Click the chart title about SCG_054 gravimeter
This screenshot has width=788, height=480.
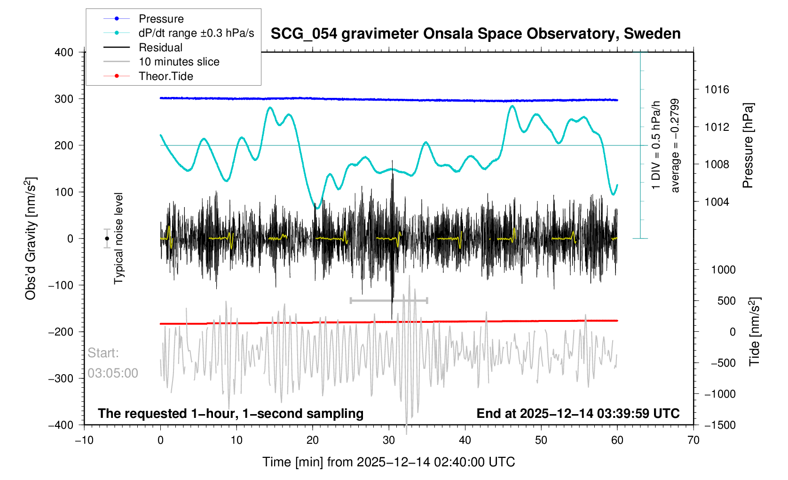tap(475, 34)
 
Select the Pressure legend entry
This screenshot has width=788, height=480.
tap(161, 19)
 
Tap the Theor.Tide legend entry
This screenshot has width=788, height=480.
tap(165, 76)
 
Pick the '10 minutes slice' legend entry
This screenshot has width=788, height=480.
tap(179, 62)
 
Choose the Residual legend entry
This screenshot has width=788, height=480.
tap(160, 48)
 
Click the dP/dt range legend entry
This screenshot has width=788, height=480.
tap(196, 33)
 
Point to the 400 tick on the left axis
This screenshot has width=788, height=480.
tap(64, 52)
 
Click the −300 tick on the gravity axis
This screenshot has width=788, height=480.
tap(61, 378)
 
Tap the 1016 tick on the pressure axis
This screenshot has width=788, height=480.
tap(717, 89)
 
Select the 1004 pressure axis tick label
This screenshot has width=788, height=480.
tap(717, 202)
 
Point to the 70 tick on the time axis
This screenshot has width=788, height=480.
tap(693, 440)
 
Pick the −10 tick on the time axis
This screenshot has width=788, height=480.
tap(84, 440)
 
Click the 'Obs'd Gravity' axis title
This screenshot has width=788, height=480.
tap(31, 239)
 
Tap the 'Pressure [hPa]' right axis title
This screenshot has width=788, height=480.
tap(748, 145)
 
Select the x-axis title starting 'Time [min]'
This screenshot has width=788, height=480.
tap(388, 462)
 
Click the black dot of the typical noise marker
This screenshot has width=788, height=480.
tap(107, 239)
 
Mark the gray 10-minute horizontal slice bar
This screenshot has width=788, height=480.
tap(389, 300)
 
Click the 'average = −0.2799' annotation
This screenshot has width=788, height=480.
tap(675, 145)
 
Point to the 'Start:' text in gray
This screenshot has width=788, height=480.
tap(103, 353)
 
